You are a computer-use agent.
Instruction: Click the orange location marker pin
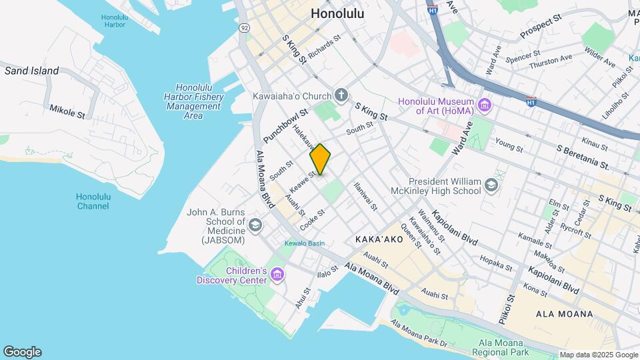pos(320,159)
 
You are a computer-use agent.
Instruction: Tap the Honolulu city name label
pos(337,13)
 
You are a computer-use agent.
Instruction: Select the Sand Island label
pos(32,71)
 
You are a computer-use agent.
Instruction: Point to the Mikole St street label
pos(67,110)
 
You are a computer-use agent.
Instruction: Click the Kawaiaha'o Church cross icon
pos(341,95)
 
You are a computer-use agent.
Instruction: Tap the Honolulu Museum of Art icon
pos(485,105)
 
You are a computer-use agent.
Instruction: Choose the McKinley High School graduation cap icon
pos(491,185)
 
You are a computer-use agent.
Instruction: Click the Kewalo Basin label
pos(305,243)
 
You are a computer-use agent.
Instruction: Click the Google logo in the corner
pos(22,352)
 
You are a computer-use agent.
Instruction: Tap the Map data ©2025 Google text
pos(598,355)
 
